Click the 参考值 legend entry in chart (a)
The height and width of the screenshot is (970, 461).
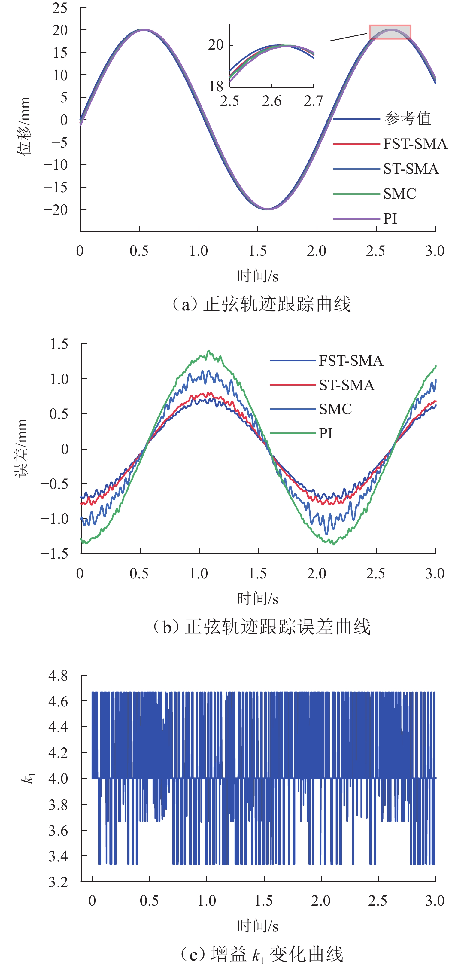tap(407, 119)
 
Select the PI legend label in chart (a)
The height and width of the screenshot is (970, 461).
tap(390, 219)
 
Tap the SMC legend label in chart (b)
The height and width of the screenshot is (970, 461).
tap(335, 409)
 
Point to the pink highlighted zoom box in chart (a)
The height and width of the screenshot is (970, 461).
tap(390, 32)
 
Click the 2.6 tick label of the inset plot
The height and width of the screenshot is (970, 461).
tap(272, 101)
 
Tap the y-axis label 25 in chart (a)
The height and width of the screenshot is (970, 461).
tap(60, 8)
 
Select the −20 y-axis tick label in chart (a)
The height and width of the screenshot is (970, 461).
tap(56, 210)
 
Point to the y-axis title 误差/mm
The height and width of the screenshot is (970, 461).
tap(21, 448)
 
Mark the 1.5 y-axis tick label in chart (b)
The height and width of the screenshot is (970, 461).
tap(59, 344)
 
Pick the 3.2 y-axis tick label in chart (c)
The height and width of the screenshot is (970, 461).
tap(58, 882)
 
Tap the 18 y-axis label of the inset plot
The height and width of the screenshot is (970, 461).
tap(217, 87)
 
